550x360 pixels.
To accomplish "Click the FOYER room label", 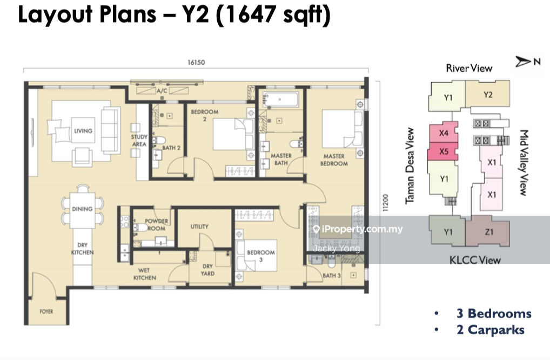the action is click(46, 311).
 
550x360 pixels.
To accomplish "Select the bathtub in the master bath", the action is click(280, 99).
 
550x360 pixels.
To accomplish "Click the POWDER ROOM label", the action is click(157, 225).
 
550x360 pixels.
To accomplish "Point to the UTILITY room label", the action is click(199, 226).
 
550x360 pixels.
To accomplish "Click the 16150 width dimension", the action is click(196, 63).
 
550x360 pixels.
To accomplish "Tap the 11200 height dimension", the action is click(386, 203).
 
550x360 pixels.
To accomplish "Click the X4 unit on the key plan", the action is click(444, 132).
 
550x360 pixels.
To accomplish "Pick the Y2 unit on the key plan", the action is click(487, 94).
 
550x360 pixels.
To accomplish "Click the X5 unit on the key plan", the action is click(443, 151).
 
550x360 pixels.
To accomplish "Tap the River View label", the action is click(469, 68).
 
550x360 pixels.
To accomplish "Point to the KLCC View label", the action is click(475, 260).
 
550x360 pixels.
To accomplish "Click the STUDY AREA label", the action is click(139, 141).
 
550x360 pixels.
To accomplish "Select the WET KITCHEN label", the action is click(144, 274).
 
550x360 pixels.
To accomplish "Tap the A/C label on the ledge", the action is click(162, 91).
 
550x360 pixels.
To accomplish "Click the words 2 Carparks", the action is click(491, 330).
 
